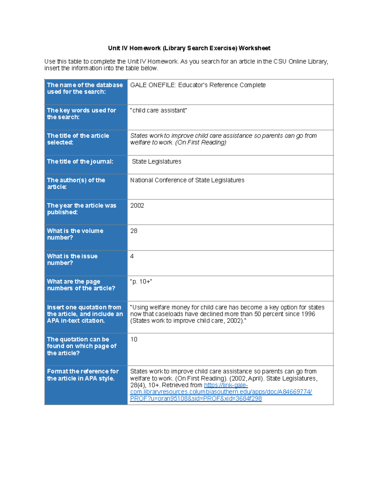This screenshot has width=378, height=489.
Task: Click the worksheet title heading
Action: [189, 48]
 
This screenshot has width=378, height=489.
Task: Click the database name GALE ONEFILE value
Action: [198, 85]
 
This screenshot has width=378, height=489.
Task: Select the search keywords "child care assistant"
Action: [158, 111]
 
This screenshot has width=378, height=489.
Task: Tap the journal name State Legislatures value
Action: [157, 162]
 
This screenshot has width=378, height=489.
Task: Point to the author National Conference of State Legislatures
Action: [187, 180]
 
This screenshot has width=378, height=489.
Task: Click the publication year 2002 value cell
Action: [137, 206]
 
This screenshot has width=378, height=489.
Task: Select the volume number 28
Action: [134, 231]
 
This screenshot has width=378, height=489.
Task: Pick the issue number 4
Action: [132, 256]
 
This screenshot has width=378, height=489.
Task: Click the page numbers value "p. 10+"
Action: [141, 281]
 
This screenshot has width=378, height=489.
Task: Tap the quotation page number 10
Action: [134, 339]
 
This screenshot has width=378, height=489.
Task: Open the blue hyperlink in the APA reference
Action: [221, 392]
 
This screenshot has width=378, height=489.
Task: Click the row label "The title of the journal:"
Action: [80, 162]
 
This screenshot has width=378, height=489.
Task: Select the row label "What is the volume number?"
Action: [75, 234]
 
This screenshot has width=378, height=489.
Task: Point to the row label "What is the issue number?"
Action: [72, 259]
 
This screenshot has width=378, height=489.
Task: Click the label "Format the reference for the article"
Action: [83, 375]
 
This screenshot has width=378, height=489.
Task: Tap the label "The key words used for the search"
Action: [81, 114]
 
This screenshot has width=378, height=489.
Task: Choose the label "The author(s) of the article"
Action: [76, 184]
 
